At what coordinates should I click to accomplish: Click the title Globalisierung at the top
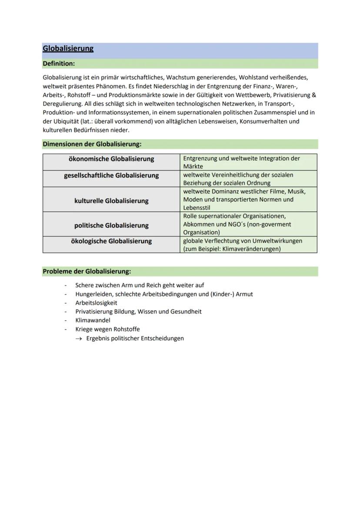(x=68, y=49)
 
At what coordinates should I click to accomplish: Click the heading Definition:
(x=59, y=64)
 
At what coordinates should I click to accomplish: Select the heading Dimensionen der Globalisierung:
(x=92, y=144)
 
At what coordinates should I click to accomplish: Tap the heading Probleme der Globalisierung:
(x=87, y=271)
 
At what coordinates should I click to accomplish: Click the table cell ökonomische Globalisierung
(x=111, y=159)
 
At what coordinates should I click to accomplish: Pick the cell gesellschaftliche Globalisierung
(x=111, y=176)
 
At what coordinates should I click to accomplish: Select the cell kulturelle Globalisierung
(x=111, y=201)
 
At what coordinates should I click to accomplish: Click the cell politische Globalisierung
(x=111, y=226)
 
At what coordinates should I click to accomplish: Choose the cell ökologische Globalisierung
(x=111, y=241)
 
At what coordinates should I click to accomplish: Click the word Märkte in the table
(x=193, y=166)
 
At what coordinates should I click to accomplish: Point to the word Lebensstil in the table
(x=197, y=208)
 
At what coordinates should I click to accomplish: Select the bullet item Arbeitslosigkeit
(x=96, y=303)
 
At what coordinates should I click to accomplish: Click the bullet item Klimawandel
(x=93, y=320)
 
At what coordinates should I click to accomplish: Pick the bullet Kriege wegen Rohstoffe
(x=107, y=329)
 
